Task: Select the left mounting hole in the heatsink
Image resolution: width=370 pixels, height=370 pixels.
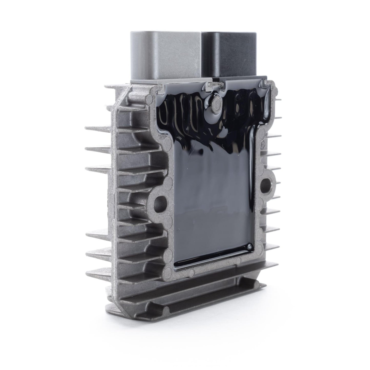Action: [159, 201]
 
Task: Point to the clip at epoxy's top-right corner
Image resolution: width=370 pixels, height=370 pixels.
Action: [264, 83]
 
